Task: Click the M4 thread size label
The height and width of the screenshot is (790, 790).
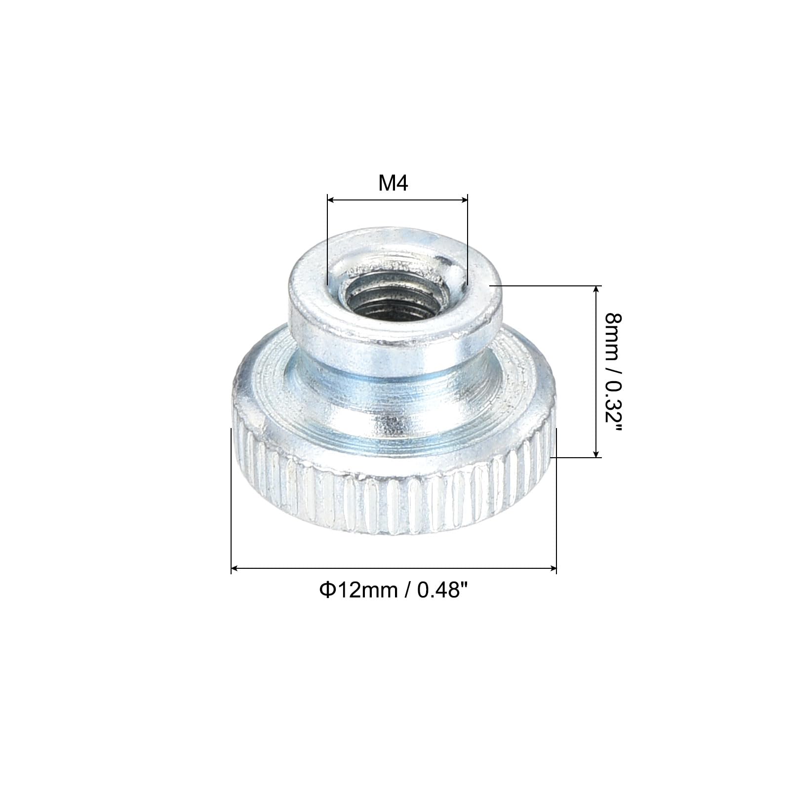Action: click(x=394, y=184)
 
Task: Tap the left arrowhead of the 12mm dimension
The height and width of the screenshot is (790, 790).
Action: click(x=235, y=569)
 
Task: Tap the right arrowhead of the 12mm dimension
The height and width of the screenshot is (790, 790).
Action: click(x=553, y=569)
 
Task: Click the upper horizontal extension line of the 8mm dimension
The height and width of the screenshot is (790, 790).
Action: click(x=543, y=285)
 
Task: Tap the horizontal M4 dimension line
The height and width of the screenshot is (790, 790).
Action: click(x=397, y=200)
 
